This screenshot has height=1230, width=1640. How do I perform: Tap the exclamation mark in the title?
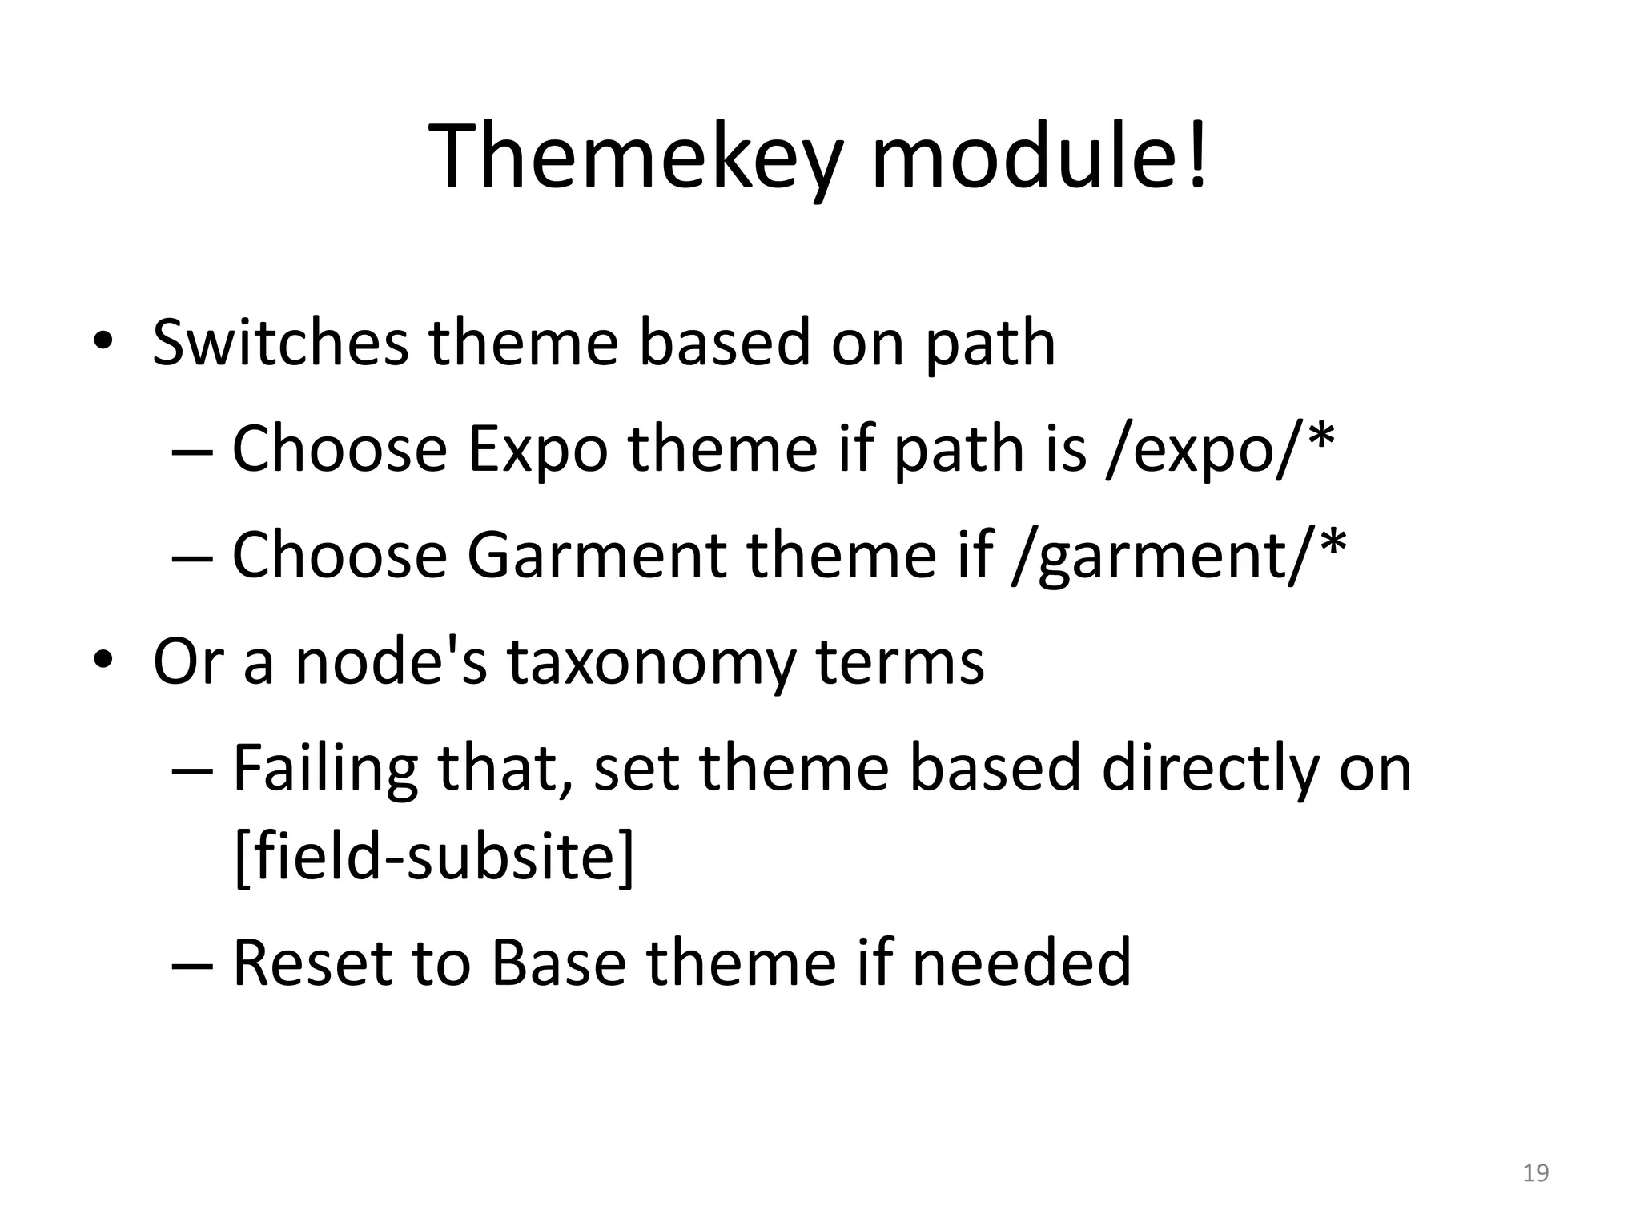pos(1197,156)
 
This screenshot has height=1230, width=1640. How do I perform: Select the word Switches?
pos(280,343)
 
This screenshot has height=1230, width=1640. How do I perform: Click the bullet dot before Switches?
pos(102,343)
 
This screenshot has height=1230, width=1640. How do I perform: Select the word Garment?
pos(596,556)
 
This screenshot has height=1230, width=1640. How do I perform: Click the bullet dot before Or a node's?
pos(102,661)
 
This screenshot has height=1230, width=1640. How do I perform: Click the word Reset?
pos(312,963)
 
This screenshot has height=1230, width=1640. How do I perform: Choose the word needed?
pos(1021,963)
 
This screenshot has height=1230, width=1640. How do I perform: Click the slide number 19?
pos(1535,1174)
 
